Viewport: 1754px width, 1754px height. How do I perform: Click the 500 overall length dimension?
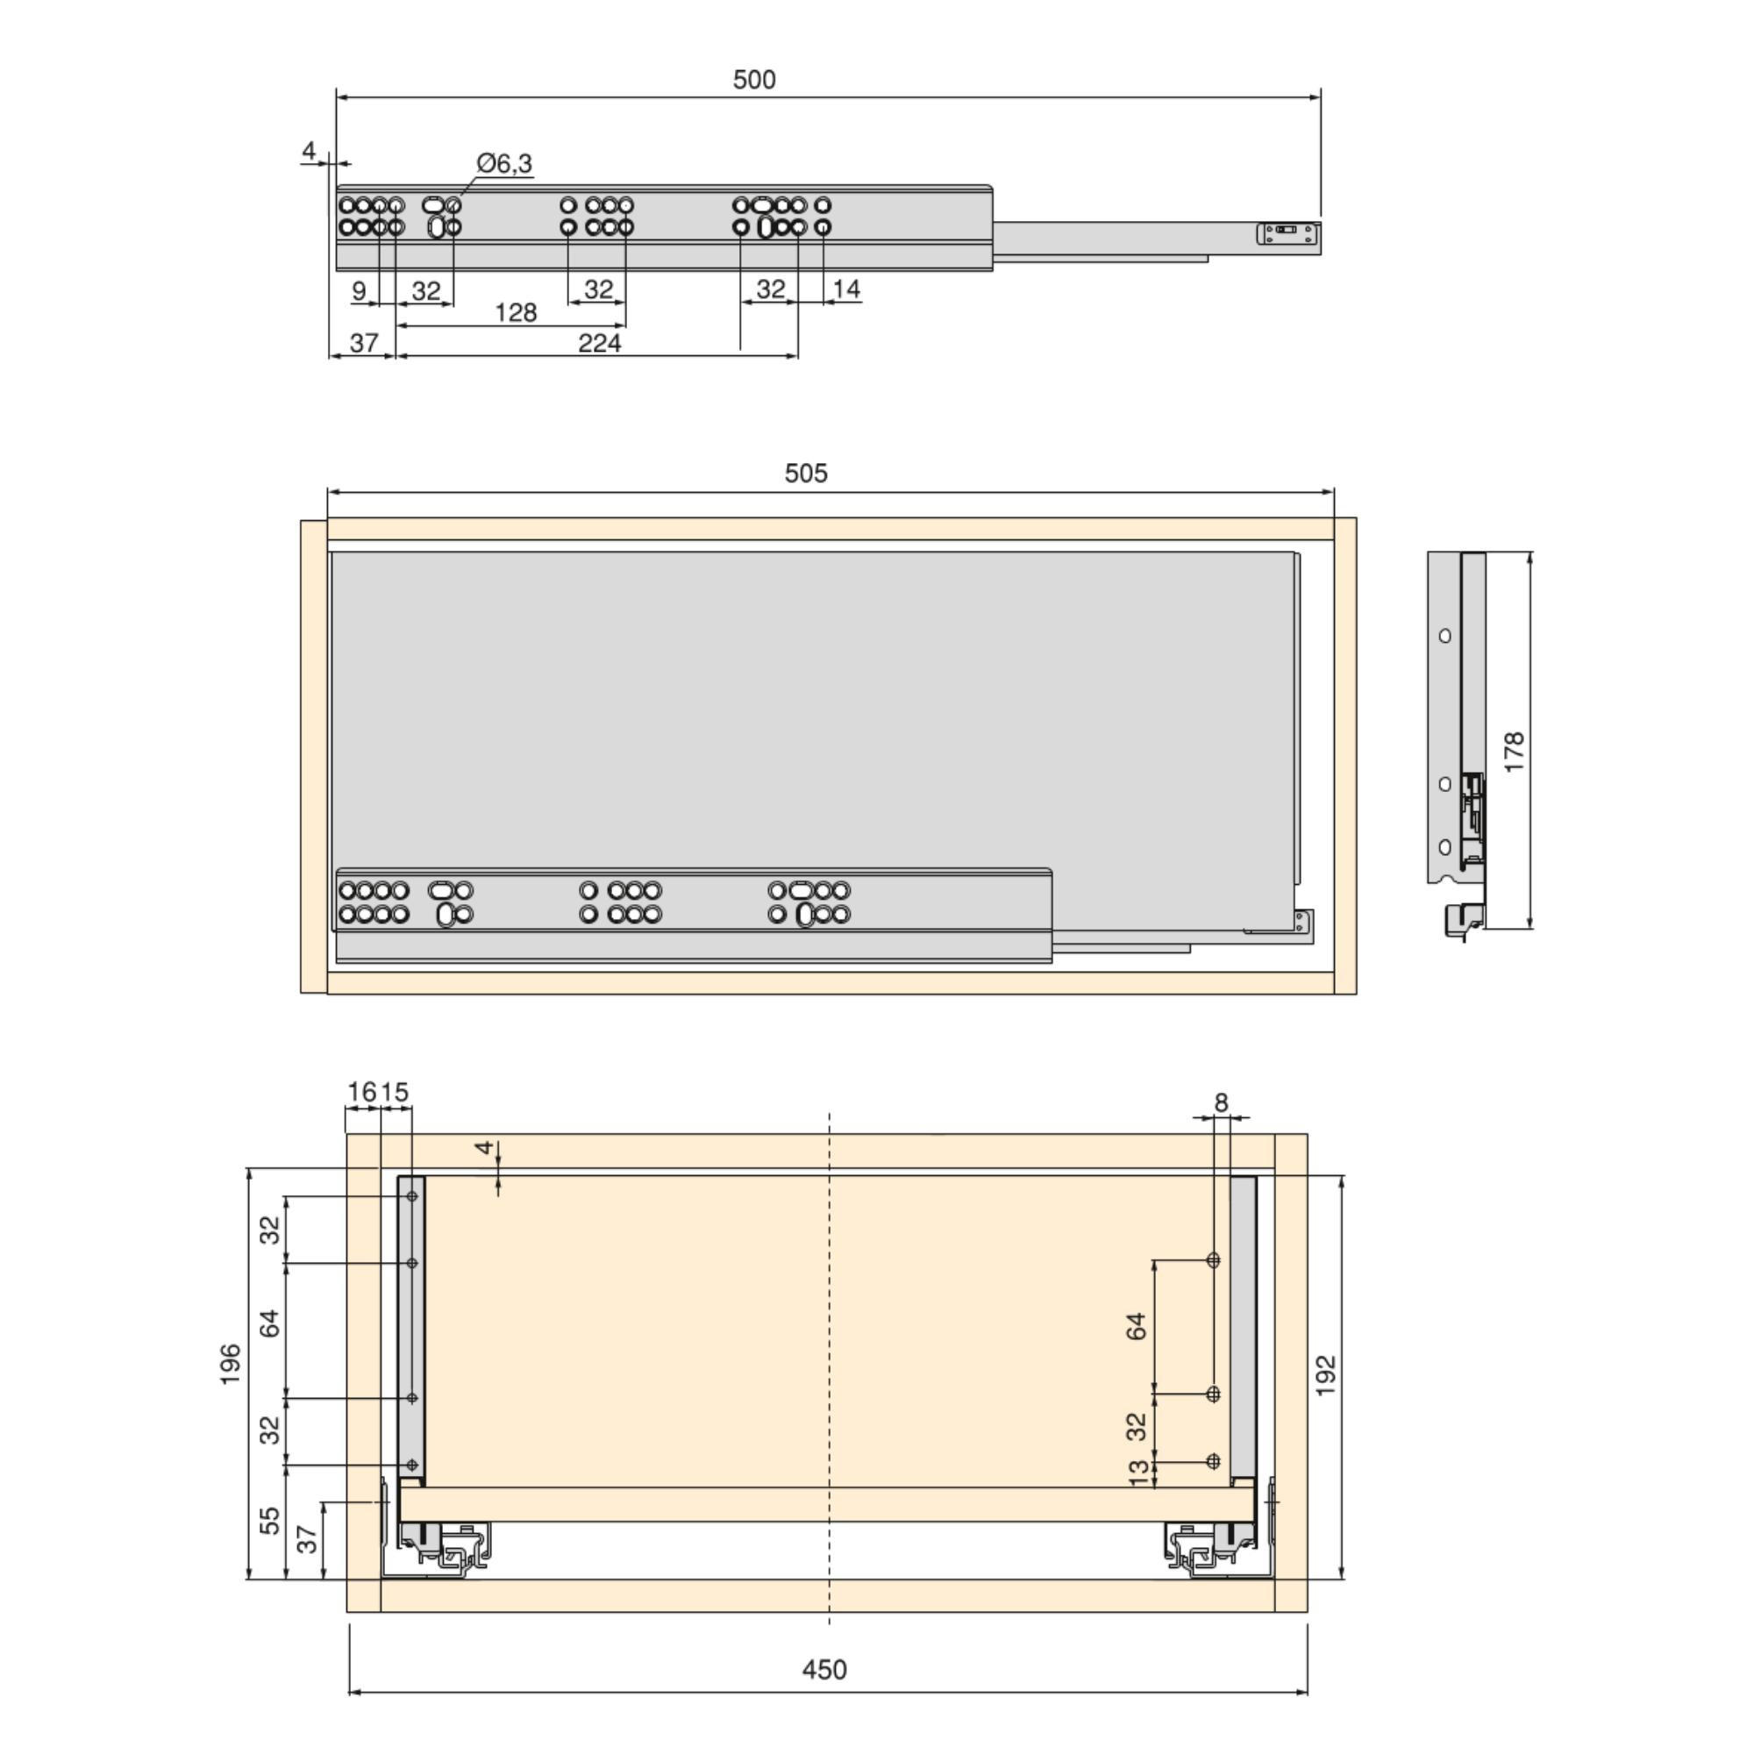point(753,80)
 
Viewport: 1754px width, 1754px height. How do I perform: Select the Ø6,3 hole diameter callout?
point(505,163)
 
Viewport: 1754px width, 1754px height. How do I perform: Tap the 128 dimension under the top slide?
point(516,313)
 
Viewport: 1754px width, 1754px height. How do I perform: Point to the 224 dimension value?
point(599,343)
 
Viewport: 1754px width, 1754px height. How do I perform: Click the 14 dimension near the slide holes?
point(845,289)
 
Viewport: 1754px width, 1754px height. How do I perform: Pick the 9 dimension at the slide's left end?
point(359,290)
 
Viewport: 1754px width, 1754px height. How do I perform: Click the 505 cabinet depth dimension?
point(805,473)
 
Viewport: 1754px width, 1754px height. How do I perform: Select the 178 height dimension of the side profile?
point(1514,752)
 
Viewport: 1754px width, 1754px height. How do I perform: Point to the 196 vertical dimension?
point(231,1364)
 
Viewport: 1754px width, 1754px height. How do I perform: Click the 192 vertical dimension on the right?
point(1326,1375)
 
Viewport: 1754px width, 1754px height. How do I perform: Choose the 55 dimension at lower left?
point(270,1520)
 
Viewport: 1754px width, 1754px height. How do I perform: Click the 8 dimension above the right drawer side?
point(1221,1102)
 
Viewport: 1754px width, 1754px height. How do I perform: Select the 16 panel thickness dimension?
point(361,1091)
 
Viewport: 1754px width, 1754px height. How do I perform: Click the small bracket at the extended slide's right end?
point(1287,233)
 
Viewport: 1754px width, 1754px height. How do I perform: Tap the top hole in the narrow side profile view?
point(1444,636)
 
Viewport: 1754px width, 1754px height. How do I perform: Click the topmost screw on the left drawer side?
point(412,1196)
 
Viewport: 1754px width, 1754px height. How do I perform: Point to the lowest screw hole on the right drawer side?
point(1213,1462)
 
